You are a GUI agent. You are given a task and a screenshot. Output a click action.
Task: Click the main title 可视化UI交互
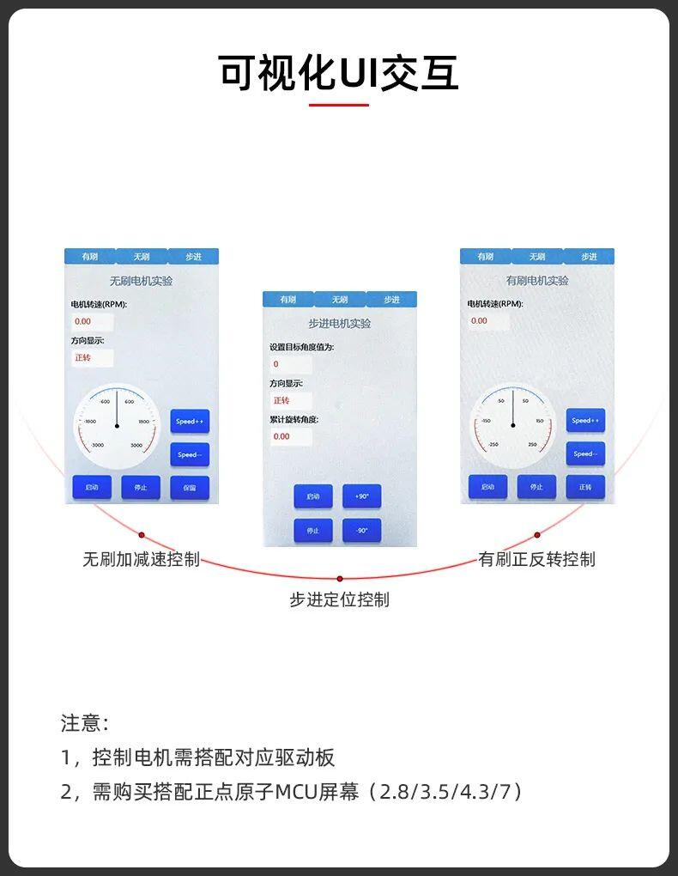point(338,72)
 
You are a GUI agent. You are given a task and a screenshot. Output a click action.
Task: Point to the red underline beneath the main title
point(338,105)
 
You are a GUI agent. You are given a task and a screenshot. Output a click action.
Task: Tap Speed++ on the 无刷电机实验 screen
point(190,422)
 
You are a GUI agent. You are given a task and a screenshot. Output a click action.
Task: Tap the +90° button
point(361,496)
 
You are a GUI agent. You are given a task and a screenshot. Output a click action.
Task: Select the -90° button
point(361,531)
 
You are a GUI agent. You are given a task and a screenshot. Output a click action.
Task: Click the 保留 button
point(190,488)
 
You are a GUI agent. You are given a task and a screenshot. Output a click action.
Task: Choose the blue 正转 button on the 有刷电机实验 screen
point(585,487)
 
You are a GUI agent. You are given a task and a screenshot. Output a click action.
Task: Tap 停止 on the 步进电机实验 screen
point(313,531)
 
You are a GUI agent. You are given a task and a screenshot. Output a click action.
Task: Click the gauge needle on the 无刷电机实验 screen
point(117,411)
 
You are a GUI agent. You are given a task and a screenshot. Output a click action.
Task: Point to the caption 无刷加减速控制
point(141,559)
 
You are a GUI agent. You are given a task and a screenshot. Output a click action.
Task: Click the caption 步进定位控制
point(339,599)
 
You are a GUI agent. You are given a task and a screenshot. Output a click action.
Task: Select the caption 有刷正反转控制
point(536,559)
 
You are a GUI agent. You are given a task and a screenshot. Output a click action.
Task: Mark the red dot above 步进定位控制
point(340,578)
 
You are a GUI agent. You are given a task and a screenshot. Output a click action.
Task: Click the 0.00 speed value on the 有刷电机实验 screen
point(479,321)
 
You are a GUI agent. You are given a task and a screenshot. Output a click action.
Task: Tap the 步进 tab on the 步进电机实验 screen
point(391,300)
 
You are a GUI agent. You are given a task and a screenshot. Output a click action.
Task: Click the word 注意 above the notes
point(81,722)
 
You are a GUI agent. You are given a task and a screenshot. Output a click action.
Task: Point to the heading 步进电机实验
point(339,324)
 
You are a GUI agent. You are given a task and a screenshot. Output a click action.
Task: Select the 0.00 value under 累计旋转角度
point(281,436)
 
